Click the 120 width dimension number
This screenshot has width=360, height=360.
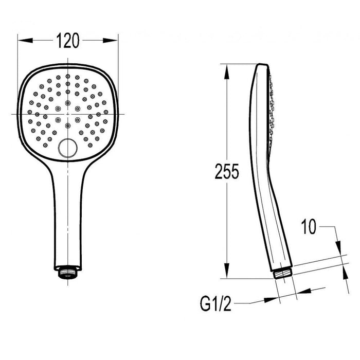[x=68, y=41]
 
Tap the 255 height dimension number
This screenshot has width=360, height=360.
[x=227, y=171]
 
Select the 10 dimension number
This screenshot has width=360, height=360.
[x=309, y=227]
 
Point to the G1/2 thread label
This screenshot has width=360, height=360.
[x=215, y=303]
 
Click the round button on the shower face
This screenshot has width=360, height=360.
[x=68, y=148]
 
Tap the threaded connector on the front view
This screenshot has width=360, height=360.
[x=68, y=272]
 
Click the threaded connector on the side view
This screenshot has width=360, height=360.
[x=283, y=273]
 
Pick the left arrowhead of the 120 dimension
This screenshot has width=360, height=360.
[x=25, y=41]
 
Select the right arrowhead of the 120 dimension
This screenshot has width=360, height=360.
[x=110, y=41]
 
